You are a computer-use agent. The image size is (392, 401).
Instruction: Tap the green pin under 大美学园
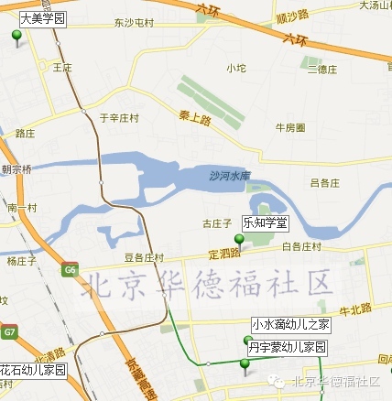click(x=16, y=37)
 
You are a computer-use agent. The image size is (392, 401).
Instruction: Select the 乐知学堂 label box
click(x=264, y=222)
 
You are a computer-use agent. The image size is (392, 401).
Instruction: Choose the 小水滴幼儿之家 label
click(x=291, y=325)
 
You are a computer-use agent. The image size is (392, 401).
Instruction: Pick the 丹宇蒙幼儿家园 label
click(x=288, y=349)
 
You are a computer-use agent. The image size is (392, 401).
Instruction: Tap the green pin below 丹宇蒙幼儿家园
click(x=245, y=365)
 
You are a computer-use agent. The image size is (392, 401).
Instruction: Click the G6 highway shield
click(x=70, y=269)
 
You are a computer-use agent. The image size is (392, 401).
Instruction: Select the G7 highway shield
click(x=8, y=330)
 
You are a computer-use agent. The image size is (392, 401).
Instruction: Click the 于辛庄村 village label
click(x=119, y=117)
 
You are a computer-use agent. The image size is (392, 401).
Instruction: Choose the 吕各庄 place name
click(x=325, y=183)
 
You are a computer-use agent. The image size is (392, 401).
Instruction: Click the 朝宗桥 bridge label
click(x=16, y=169)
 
